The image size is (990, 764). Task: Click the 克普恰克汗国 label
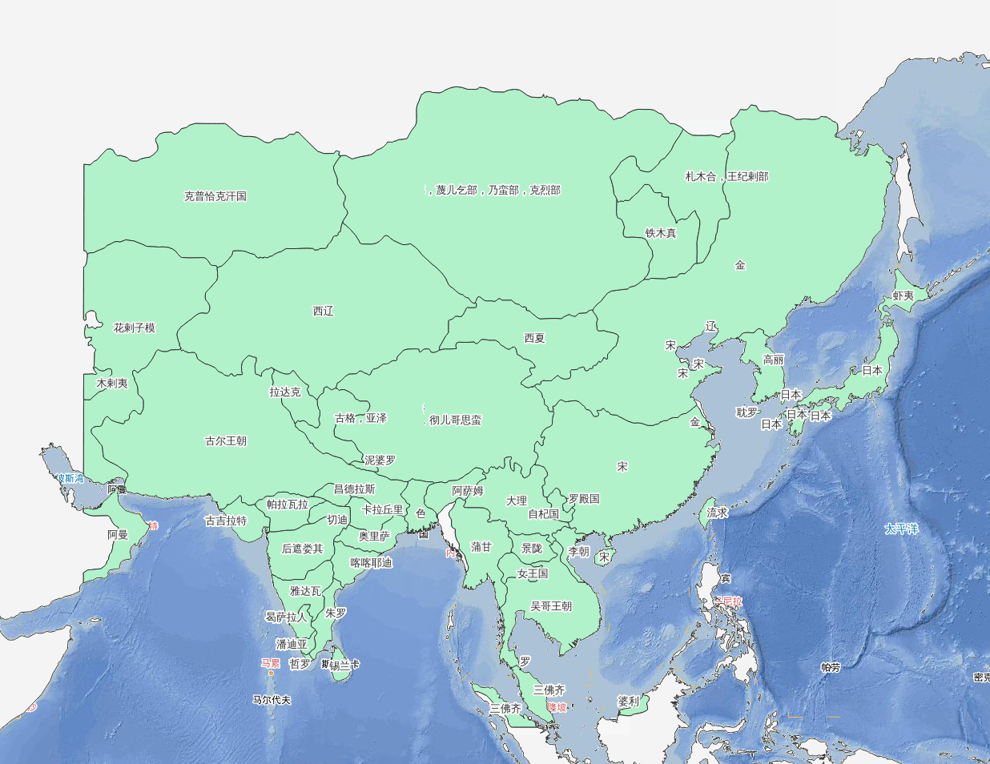click(215, 196)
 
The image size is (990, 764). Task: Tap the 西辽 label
click(323, 312)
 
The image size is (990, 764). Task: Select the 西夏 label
click(534, 339)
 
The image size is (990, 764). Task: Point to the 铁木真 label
click(661, 233)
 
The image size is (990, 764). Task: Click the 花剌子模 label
click(134, 328)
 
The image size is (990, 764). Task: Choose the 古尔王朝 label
click(226, 441)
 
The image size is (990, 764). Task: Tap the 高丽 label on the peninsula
click(773, 360)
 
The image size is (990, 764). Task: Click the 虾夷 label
click(903, 296)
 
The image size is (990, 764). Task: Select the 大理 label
click(517, 501)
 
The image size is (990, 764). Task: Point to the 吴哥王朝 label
click(551, 606)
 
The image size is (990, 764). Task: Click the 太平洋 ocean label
click(901, 529)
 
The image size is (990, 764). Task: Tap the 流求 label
click(717, 513)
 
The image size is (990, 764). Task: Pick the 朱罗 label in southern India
click(336, 613)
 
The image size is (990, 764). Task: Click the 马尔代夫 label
click(272, 700)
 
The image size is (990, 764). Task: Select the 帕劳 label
click(831, 667)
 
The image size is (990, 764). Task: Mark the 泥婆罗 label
click(380, 460)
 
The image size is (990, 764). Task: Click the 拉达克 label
click(285, 392)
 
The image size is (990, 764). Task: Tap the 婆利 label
click(629, 701)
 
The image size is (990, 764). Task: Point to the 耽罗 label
click(747, 412)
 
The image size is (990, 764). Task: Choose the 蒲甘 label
click(481, 547)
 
